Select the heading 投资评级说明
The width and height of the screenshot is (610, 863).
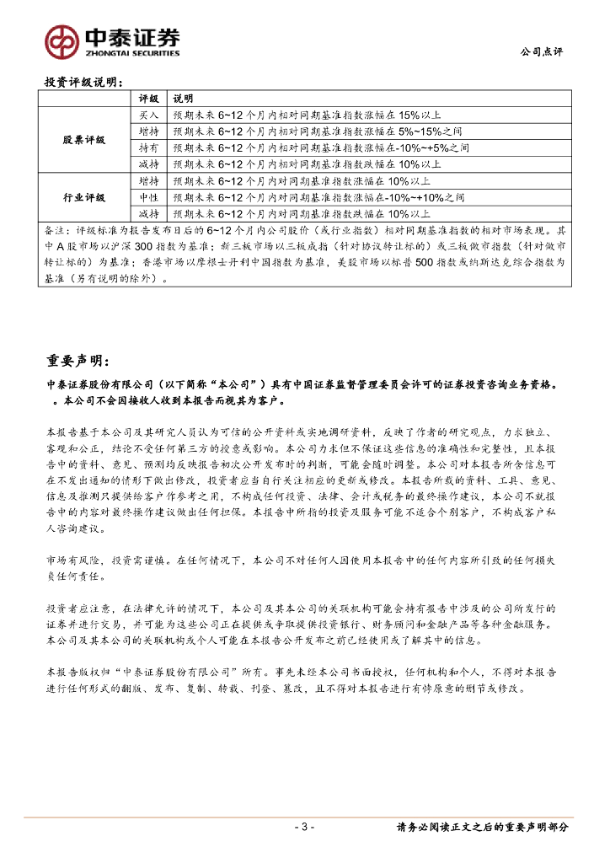point(83,83)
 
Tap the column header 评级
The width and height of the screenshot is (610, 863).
point(148,99)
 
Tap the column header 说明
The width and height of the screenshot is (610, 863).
point(183,99)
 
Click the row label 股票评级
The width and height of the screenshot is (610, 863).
point(84,140)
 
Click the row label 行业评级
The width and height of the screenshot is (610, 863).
point(84,197)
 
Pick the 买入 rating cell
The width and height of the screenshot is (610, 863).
point(148,115)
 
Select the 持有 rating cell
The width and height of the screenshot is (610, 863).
point(148,147)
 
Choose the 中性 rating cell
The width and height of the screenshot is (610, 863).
point(148,197)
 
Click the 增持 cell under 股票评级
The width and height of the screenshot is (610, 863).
point(148,131)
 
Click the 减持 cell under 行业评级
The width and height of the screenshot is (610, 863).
point(148,214)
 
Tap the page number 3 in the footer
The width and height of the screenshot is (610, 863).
point(305,828)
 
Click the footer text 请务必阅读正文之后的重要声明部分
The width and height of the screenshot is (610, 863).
point(482,828)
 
